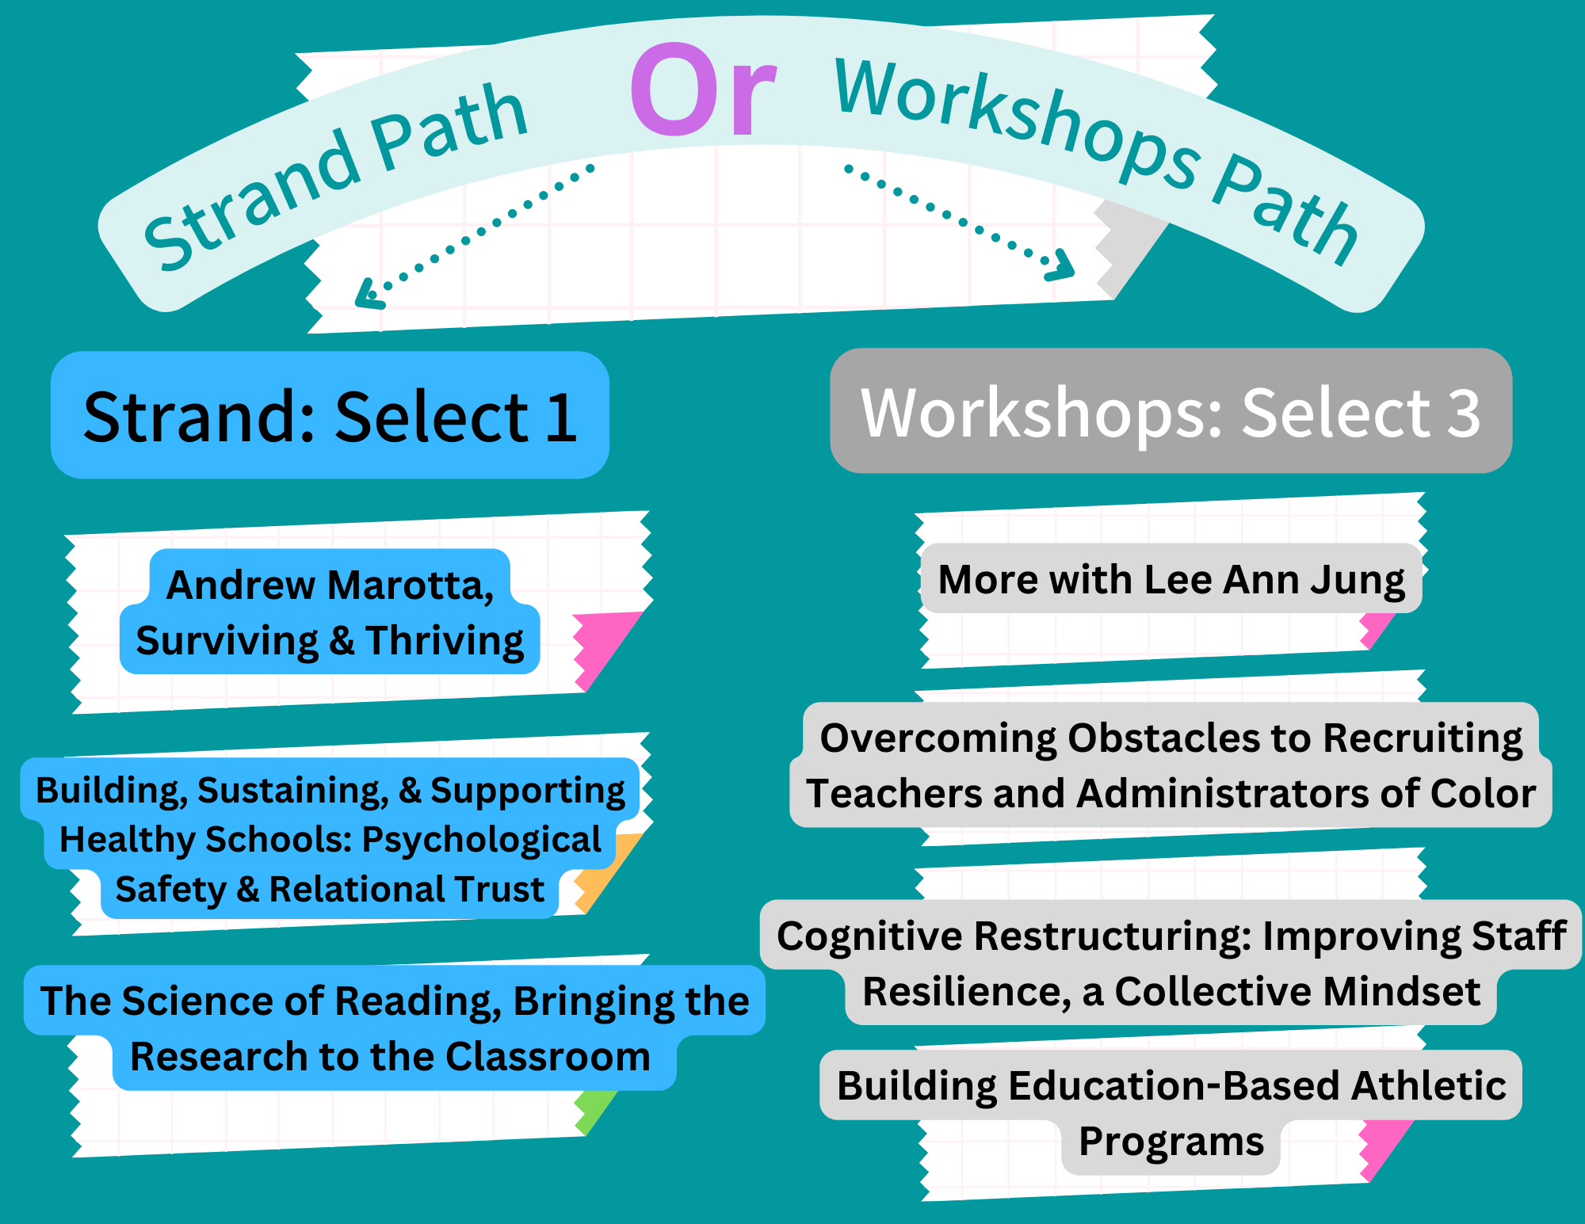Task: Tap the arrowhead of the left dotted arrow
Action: tap(369, 294)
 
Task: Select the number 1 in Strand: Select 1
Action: tap(562, 417)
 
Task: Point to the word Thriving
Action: tap(445, 640)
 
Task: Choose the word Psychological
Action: tap(482, 841)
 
